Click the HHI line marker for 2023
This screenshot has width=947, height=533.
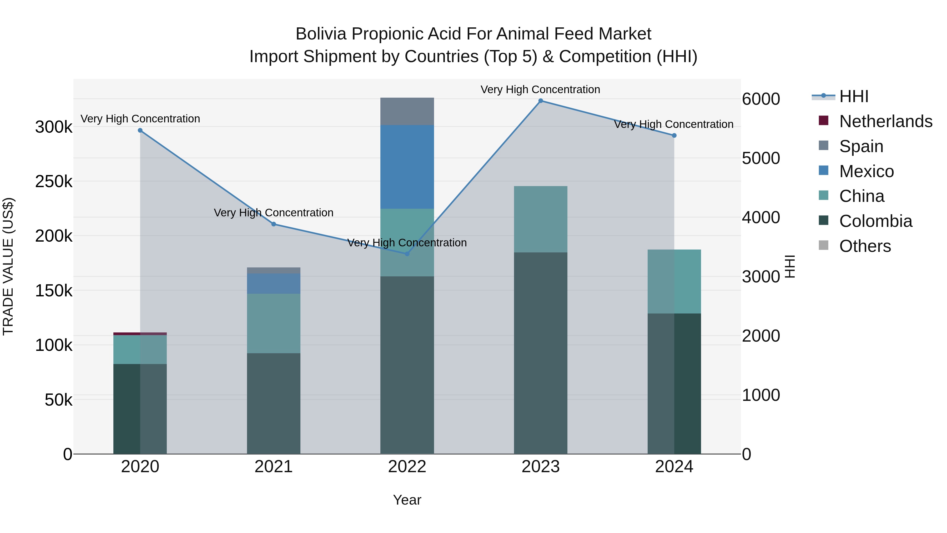tap(540, 101)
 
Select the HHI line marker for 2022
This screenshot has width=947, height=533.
tap(407, 254)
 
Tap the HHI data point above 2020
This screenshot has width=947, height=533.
tap(140, 131)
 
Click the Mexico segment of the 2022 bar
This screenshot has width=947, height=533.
tap(407, 167)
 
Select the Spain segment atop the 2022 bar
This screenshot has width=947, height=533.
tap(407, 111)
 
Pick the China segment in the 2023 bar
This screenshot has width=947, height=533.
tap(540, 219)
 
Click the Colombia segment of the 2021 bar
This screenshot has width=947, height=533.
tap(274, 403)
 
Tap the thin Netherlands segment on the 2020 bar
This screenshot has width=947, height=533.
tap(140, 334)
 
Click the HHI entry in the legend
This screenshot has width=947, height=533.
tap(853, 96)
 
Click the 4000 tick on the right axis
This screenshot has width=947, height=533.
tap(760, 217)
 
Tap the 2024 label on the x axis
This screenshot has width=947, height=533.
tap(674, 467)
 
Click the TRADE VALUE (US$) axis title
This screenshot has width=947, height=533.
tap(8, 266)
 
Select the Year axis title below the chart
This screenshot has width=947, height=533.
tap(407, 500)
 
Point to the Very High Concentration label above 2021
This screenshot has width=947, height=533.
tap(274, 213)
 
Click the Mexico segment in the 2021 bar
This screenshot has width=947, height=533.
tap(274, 283)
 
